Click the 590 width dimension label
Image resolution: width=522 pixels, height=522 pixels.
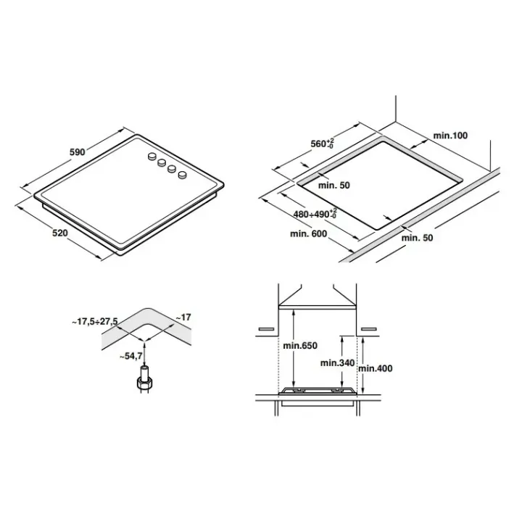click(78, 152)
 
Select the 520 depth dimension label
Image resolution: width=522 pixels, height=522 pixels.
click(60, 233)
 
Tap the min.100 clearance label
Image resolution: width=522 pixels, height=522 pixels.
click(450, 136)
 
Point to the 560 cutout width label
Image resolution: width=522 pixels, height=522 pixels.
click(322, 144)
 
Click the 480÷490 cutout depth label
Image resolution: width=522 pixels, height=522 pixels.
click(315, 214)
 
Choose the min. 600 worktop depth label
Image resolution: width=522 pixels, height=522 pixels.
click(308, 234)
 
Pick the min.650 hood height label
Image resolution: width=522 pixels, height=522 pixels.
click(300, 346)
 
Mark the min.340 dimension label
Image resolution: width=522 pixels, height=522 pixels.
click(337, 363)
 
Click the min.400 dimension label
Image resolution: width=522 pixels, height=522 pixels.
click(376, 368)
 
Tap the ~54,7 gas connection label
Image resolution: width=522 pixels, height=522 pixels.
click(131, 356)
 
